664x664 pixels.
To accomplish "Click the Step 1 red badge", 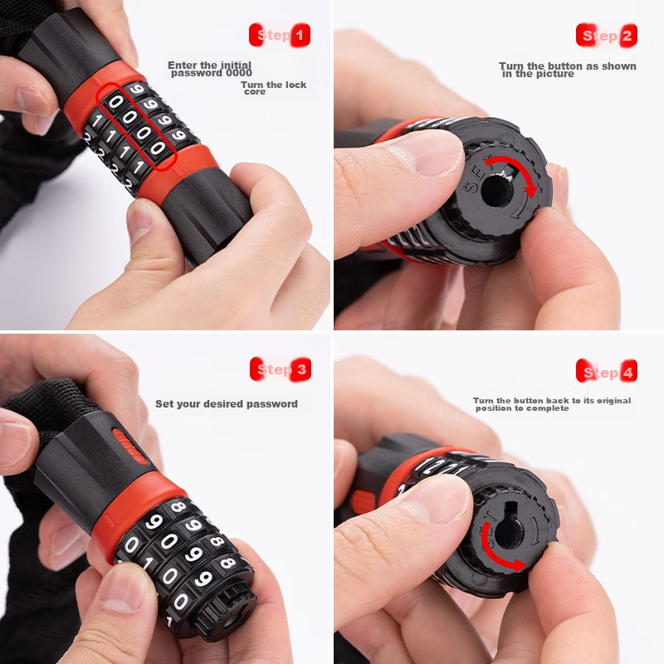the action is click(x=280, y=35).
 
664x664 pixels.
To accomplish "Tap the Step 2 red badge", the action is click(x=607, y=35).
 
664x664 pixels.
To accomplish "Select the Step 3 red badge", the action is click(x=281, y=369).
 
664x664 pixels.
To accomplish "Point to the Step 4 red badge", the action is click(x=607, y=371).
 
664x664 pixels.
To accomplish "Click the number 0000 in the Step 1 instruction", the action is click(x=239, y=73).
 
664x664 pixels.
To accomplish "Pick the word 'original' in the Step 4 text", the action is click(x=613, y=401).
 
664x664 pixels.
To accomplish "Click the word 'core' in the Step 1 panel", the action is click(x=255, y=92).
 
